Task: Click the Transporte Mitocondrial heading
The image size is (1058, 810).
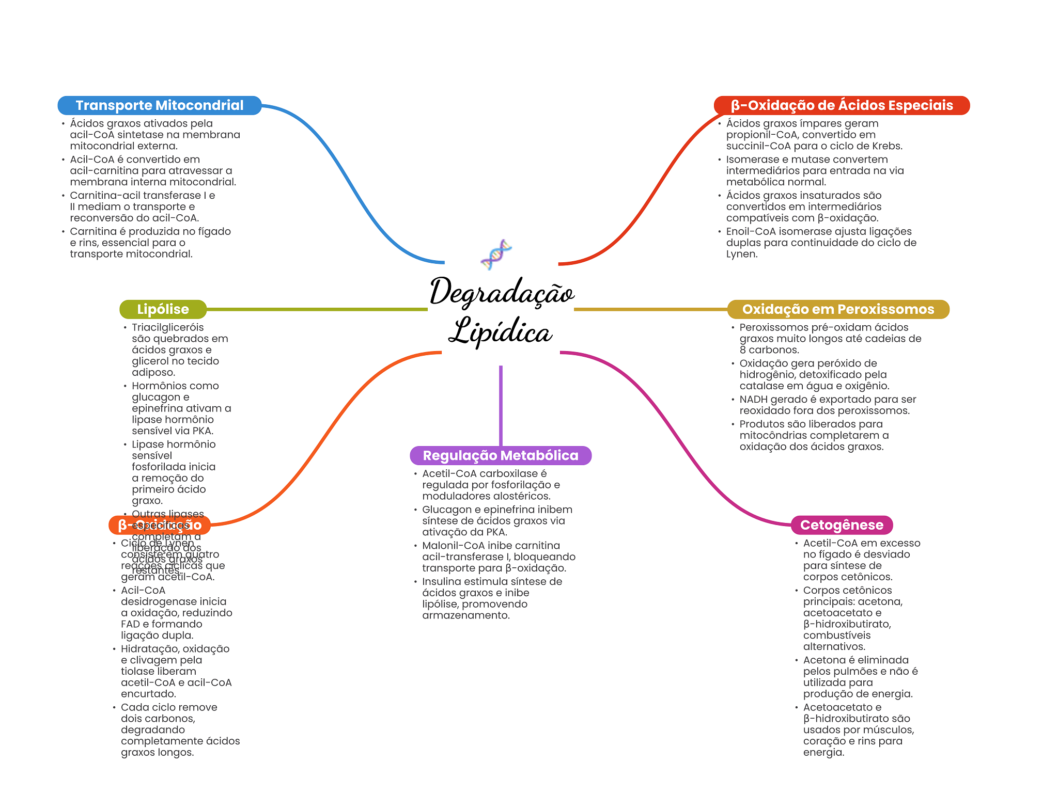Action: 159,105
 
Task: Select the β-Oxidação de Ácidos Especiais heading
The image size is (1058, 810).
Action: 842,105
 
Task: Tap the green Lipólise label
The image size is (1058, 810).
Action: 163,309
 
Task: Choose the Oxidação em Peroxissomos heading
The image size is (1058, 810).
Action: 838,309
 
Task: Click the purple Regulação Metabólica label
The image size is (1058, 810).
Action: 500,455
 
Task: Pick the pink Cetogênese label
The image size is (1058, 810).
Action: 842,525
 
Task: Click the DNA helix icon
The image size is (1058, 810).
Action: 496,255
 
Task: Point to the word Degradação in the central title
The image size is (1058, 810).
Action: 502,292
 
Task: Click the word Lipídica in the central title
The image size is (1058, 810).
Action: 500,331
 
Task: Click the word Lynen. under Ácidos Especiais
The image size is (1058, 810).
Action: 742,254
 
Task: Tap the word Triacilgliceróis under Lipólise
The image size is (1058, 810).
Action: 167,327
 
